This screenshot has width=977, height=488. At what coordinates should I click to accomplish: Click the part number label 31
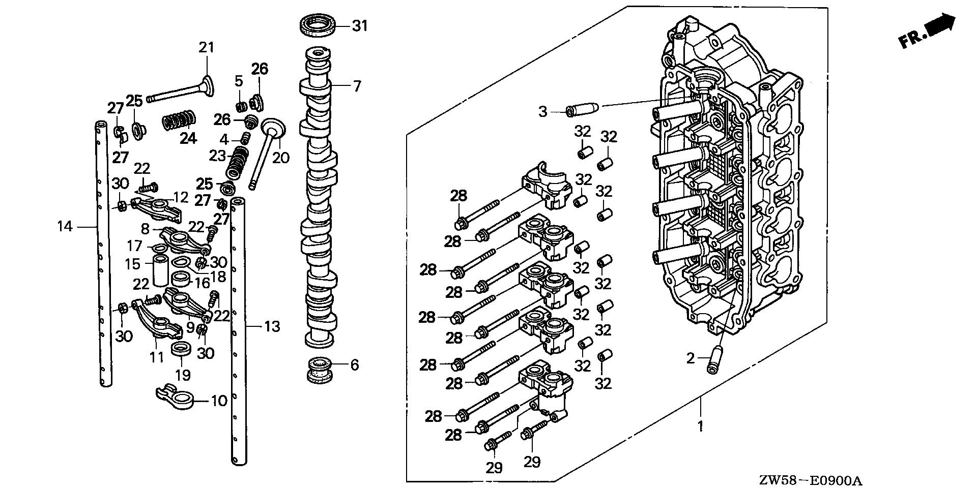tap(360, 25)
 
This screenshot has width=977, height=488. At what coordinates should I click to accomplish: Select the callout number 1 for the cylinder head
tap(700, 426)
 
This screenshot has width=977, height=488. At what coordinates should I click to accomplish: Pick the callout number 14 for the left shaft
tap(65, 226)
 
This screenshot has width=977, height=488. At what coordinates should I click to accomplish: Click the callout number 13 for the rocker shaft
tap(272, 326)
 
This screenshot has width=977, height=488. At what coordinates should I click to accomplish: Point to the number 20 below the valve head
tap(280, 158)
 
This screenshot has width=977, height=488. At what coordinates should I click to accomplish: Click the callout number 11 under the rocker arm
tap(157, 357)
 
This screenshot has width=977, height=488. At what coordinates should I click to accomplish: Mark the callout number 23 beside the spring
tap(217, 156)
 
